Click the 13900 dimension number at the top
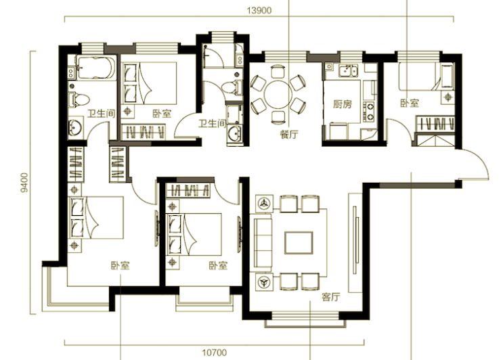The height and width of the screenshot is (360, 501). click(x=259, y=11)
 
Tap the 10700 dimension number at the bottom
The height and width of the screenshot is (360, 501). click(x=215, y=353)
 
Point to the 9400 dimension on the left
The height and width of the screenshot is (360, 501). click(x=24, y=183)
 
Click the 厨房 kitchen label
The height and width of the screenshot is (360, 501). click(x=343, y=104)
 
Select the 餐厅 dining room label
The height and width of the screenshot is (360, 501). click(x=289, y=135)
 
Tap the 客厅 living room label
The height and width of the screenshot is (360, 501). click(x=331, y=297)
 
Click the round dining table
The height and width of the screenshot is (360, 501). click(x=278, y=94)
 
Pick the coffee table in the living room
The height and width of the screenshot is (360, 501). click(x=299, y=243)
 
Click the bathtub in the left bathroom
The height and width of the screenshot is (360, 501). click(x=96, y=68)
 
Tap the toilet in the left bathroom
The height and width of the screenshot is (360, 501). click(x=79, y=99)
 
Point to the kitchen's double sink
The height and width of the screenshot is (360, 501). click(x=349, y=70)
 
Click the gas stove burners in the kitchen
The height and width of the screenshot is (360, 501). click(x=369, y=112)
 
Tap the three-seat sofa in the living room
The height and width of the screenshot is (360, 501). click(x=263, y=243)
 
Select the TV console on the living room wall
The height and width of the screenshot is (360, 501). click(x=355, y=243)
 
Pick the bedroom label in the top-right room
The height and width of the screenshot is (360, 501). click(x=410, y=103)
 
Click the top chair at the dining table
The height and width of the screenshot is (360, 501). click(x=278, y=72)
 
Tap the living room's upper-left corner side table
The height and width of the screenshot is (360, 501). click(x=264, y=203)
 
